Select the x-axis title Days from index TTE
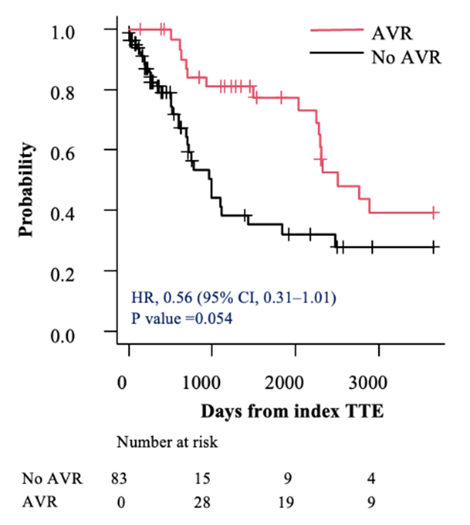pos(292,412)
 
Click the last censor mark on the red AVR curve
pos(434,213)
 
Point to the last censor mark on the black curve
pos(434,247)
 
